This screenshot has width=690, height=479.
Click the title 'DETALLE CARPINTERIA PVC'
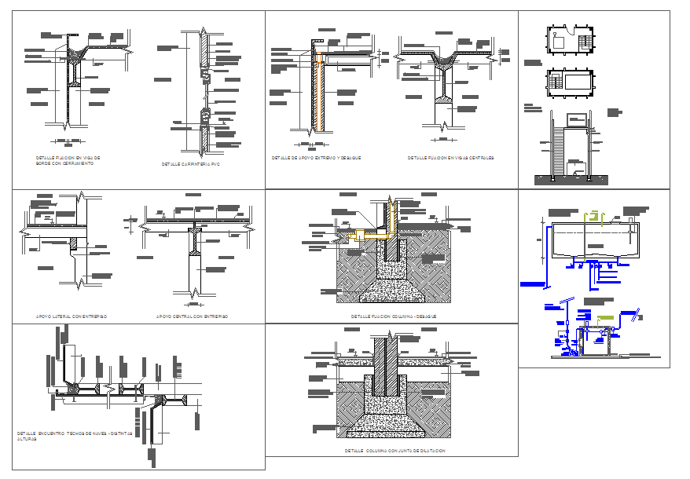(192, 164)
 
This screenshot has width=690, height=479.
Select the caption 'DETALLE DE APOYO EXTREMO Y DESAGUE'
(316, 158)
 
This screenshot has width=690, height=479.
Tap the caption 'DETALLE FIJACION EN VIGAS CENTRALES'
(450, 158)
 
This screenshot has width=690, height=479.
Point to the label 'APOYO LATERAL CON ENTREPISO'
(72, 316)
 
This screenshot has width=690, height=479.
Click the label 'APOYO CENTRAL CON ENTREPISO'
(192, 316)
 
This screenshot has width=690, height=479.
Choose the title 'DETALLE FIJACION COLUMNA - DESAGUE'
(393, 316)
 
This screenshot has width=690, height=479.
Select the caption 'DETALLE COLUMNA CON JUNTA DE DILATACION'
(395, 451)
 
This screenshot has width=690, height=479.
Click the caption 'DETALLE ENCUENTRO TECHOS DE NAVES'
(75, 434)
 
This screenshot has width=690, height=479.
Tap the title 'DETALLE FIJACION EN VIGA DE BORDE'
(68, 159)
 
